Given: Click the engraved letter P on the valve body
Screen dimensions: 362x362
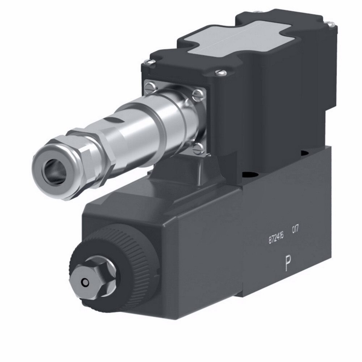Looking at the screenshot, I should pyautogui.click(x=288, y=263).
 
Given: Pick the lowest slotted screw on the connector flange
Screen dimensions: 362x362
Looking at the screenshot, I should pyautogui.click(x=198, y=148).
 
